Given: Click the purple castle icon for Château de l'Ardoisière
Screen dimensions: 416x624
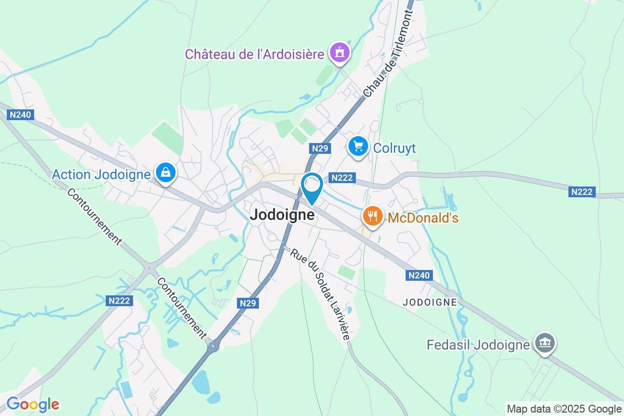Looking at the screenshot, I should tap(339, 52).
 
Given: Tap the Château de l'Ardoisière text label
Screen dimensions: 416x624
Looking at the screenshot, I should tap(254, 54).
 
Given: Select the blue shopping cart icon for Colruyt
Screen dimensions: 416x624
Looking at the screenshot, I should tap(358, 146).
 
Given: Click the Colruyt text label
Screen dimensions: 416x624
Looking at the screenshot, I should tap(394, 148).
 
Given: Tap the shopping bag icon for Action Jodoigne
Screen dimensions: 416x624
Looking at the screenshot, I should tap(166, 172).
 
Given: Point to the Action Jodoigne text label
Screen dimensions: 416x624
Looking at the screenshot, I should tap(101, 174).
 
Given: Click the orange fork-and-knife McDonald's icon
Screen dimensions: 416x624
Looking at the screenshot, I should tap(373, 216).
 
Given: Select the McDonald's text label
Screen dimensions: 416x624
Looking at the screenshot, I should tap(423, 218).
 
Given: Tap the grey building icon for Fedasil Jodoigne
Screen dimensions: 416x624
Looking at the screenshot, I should tap(545, 343).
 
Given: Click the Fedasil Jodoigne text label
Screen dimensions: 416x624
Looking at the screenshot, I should tap(478, 345).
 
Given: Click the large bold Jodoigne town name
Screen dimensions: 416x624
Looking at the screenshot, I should tap(282, 215).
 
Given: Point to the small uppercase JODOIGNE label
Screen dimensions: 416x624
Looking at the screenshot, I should tap(429, 302).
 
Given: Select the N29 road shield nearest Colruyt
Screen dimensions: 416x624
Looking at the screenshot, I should tap(320, 148).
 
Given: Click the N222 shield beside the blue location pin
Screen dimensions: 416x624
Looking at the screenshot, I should tap(341, 178).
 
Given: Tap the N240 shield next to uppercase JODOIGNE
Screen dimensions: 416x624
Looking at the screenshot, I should tap(419, 275).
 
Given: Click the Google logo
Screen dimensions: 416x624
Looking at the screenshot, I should tap(33, 404).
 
